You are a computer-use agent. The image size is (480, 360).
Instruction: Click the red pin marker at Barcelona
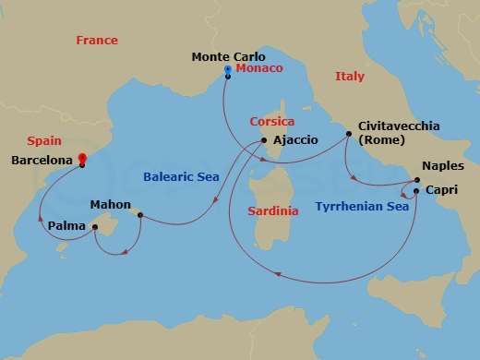82,159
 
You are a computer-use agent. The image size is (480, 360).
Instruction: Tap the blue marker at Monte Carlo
227,69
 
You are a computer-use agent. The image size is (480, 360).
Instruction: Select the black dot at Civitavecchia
349,134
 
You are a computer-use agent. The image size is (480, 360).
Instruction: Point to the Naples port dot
415,180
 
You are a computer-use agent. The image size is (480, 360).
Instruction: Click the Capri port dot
416,191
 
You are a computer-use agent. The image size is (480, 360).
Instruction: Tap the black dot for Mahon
140,216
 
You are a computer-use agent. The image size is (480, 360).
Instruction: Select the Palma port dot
95,226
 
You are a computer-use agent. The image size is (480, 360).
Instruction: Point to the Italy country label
350,76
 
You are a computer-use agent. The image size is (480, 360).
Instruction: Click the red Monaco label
259,68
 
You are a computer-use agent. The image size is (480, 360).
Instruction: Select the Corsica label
272,121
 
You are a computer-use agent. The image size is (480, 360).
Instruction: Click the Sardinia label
273,210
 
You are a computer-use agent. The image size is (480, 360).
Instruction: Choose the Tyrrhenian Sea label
361,207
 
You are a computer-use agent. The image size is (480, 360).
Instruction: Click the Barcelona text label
41,159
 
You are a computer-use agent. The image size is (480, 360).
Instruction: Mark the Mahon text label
110,204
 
